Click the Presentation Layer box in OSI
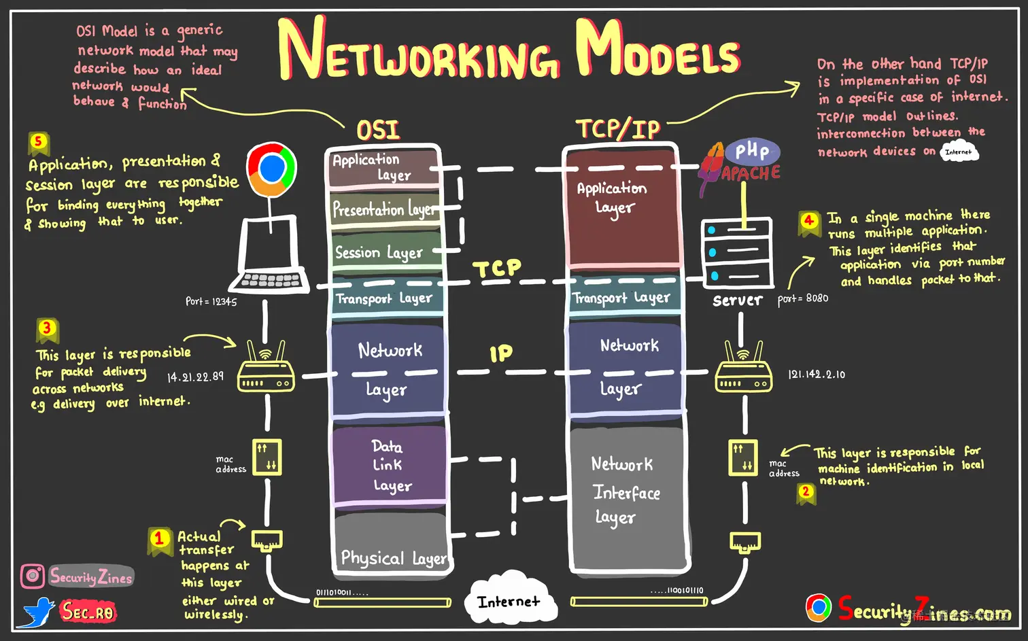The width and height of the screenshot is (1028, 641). pos(384,209)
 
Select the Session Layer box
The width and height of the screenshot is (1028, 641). pos(384,252)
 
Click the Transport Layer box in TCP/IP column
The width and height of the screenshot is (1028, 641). pos(623,298)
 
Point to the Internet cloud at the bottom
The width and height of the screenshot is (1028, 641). pos(509,602)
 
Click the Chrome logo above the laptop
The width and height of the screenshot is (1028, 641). pos(272,169)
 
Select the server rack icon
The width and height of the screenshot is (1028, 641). pos(738,253)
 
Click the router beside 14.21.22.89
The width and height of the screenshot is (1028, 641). pos(266,371)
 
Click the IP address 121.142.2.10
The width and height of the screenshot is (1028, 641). pos(817,375)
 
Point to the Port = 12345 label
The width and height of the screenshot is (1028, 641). pos(211,301)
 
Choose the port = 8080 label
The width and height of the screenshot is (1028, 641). pos(803,298)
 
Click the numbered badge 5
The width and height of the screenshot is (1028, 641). pos(38,142)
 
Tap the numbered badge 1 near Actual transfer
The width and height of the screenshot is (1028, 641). pos(159,539)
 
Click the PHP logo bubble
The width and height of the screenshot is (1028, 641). pos(752,151)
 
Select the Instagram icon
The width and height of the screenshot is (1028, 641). pos(32,576)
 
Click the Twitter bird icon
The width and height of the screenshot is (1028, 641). pos(38,612)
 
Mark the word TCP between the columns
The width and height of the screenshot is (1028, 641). pos(498,268)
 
